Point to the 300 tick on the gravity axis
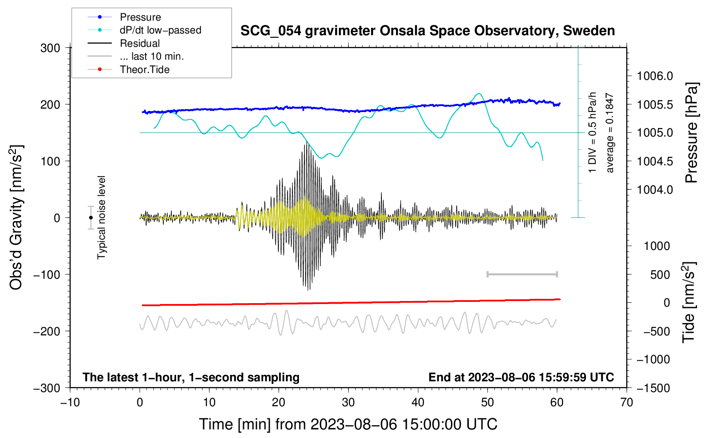(50, 48)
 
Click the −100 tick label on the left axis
(47, 275)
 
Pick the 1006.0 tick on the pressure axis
(655, 76)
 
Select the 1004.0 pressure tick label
(655, 190)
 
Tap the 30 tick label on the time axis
(348, 403)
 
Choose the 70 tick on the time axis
(627, 403)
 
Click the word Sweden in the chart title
(589, 30)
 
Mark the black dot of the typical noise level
(91, 218)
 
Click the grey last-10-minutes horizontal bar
(522, 274)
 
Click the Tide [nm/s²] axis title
(689, 302)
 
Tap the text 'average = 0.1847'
(609, 133)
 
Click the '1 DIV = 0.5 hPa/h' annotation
(592, 132)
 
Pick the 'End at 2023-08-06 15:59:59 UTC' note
(521, 377)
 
